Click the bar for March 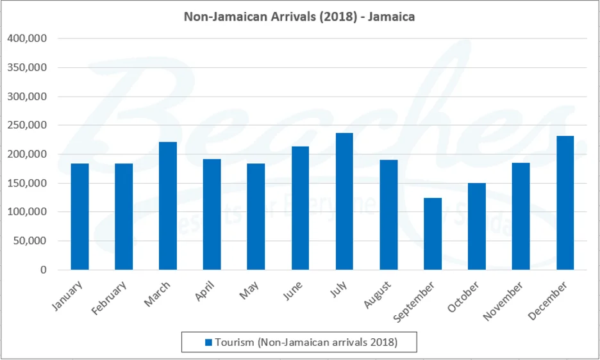[168, 206]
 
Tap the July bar [344, 201]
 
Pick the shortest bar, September [433, 234]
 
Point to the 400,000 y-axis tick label [27, 38]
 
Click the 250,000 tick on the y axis [27, 126]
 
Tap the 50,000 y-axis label [29, 241]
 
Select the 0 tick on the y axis [43, 270]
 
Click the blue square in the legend [208, 343]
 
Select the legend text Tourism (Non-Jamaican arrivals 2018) [306, 343]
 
